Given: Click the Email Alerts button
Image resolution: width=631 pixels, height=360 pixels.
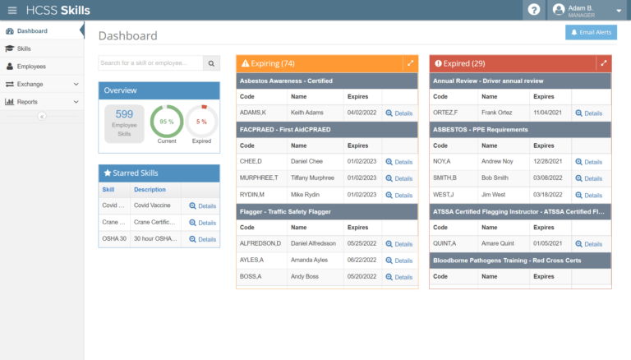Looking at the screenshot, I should (x=591, y=32).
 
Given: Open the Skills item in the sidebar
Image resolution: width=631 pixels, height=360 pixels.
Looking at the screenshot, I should (x=24, y=48).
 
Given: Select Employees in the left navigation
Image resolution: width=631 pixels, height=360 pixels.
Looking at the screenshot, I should (x=31, y=66).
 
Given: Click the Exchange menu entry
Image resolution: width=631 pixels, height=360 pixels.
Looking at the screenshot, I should (x=30, y=84).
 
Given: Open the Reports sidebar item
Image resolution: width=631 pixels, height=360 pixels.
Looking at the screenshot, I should (x=27, y=102).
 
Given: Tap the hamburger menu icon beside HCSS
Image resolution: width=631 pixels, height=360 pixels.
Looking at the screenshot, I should (x=12, y=10).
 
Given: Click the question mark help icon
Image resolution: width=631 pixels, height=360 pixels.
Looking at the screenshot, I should (x=534, y=10).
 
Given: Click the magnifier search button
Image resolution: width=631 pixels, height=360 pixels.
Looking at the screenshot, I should (x=211, y=63).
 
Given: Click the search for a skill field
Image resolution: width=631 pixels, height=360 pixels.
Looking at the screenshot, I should (x=150, y=63).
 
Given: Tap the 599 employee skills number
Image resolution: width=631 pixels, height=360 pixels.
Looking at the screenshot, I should (x=124, y=114).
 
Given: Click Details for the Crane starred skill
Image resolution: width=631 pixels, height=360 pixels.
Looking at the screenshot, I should (x=202, y=223).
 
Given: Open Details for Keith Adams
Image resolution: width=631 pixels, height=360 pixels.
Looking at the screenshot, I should (x=399, y=113).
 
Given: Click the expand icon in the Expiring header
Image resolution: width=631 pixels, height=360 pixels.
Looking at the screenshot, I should (x=409, y=63).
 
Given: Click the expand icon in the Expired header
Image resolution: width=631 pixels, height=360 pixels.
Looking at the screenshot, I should (x=603, y=63).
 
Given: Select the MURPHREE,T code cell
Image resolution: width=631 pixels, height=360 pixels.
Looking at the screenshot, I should (x=259, y=178).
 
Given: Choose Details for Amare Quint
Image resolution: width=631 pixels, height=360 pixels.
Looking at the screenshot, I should (x=588, y=244).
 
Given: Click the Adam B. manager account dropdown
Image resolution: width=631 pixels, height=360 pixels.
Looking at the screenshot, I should (x=587, y=10).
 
